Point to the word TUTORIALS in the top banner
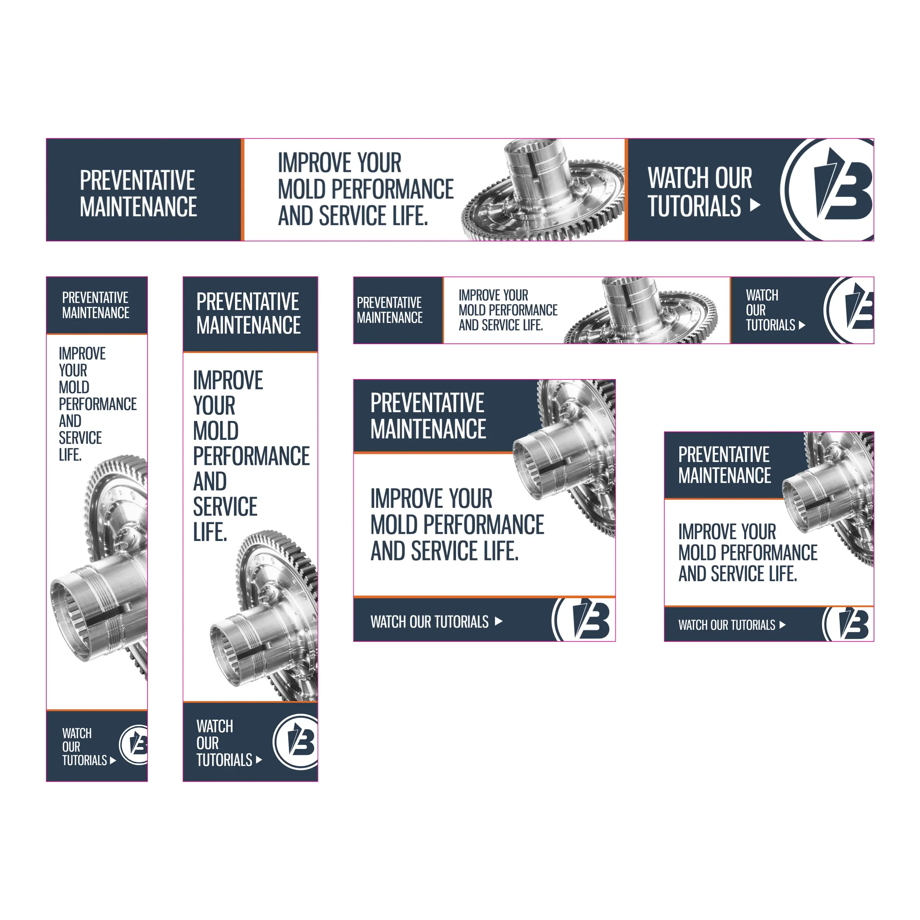click(x=695, y=206)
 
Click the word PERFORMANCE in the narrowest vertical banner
click(x=98, y=404)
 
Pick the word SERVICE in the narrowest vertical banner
click(x=80, y=438)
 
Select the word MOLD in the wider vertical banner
click(x=216, y=431)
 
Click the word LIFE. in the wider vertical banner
click(x=210, y=532)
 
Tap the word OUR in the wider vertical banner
click(x=208, y=743)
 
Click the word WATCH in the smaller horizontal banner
click(x=762, y=295)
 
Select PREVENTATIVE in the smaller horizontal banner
click(x=389, y=302)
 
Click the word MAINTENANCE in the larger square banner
click(x=428, y=429)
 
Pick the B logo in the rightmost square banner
click(x=849, y=624)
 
